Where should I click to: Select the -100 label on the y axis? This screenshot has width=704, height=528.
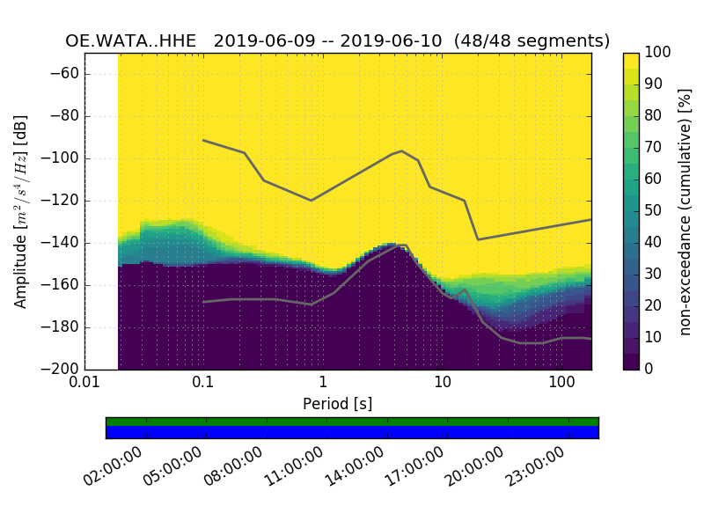pyautogui.click(x=62, y=158)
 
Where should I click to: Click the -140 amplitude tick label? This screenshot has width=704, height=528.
pyautogui.click(x=62, y=243)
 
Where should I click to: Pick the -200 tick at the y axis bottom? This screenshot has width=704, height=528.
pyautogui.click(x=62, y=369)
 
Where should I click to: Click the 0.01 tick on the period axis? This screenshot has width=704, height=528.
pyautogui.click(x=84, y=384)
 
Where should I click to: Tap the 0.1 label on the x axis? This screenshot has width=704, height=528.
pyautogui.click(x=203, y=384)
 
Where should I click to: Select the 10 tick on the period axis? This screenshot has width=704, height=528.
pyautogui.click(x=443, y=384)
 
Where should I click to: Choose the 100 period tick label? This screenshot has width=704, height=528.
pyautogui.click(x=561, y=384)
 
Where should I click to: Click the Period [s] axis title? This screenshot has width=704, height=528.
pyautogui.click(x=337, y=403)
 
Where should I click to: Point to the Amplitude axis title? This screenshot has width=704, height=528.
pyautogui.click(x=21, y=211)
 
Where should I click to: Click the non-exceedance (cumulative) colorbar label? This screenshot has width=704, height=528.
pyautogui.click(x=685, y=211)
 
